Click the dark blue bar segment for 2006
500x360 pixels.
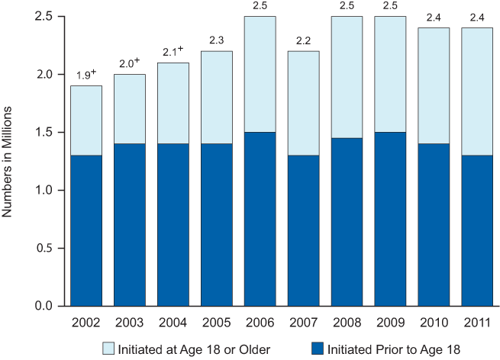(x=260, y=219)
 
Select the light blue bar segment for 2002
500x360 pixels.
(x=86, y=121)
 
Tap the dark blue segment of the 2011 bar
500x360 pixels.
(x=476, y=230)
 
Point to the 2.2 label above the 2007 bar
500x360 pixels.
(x=303, y=42)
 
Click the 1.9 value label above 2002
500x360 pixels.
(x=85, y=76)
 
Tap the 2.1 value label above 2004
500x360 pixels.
(x=173, y=53)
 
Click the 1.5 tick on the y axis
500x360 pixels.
(x=45, y=132)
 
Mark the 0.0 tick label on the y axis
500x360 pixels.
(x=45, y=306)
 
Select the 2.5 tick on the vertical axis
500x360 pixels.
(x=45, y=16)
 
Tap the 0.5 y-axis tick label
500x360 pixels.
(x=45, y=248)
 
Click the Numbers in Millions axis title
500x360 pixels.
(x=9, y=161)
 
